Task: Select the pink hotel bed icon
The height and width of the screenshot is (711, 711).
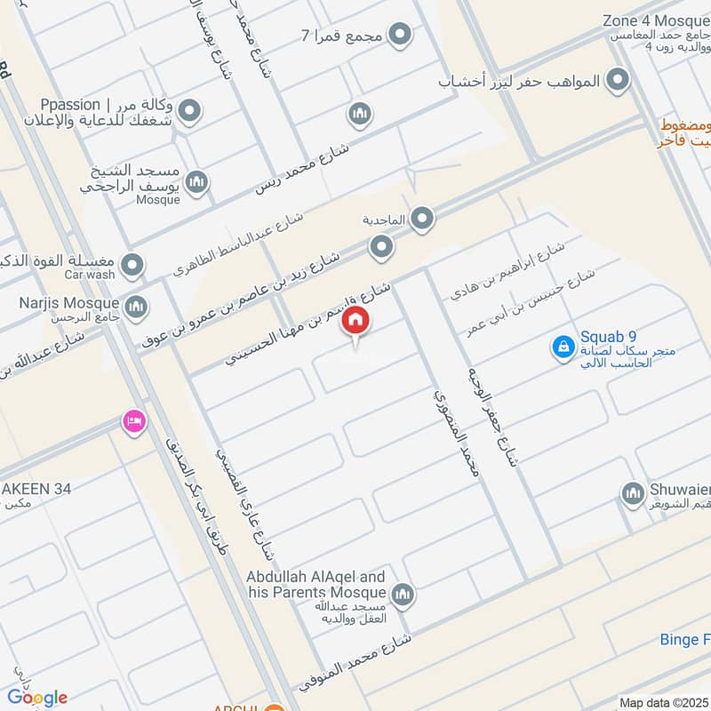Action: (x=134, y=421)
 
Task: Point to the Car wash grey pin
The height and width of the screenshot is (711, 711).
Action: (x=132, y=265)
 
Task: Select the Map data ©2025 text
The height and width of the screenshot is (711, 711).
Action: (x=663, y=702)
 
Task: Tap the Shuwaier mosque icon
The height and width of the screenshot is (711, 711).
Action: (x=632, y=493)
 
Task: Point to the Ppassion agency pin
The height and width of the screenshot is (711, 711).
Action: (x=188, y=111)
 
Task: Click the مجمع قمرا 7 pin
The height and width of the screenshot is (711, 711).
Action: (x=402, y=36)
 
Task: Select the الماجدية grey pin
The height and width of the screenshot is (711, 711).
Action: (x=421, y=218)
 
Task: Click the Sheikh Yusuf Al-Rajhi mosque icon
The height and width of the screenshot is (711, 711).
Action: (x=197, y=181)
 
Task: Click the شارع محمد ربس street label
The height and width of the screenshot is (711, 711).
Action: (x=302, y=165)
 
